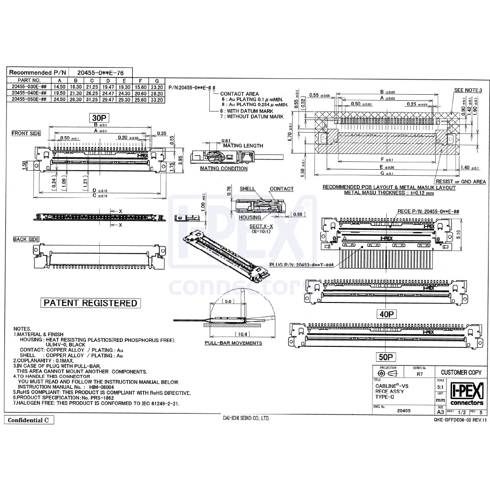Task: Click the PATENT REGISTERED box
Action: [90, 302]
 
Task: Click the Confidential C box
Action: [29, 420]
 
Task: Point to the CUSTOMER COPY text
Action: [461, 372]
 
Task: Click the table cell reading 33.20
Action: [156, 99]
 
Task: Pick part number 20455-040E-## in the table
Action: [29, 93]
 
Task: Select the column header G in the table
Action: [156, 80]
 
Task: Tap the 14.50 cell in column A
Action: [59, 86]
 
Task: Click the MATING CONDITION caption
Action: [224, 168]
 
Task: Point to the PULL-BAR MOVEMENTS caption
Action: [233, 343]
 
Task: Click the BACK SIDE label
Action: [26, 239]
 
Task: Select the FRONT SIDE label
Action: [27, 133]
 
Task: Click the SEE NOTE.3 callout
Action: [467, 91]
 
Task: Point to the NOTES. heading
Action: [22, 329]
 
